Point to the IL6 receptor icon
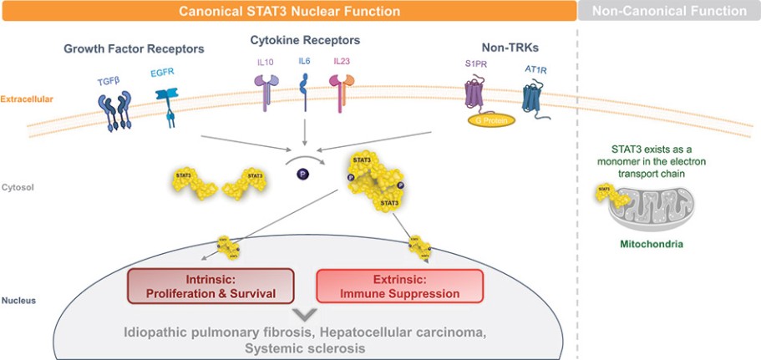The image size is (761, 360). coord(303,89)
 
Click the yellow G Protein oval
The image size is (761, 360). coord(490,119)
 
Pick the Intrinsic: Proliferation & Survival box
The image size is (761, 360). coord(211,286)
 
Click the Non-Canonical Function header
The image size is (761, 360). coord(669,11)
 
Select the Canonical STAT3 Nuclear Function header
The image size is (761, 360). coord(287,11)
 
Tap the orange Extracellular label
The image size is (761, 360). coord(27,99)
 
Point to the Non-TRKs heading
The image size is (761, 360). coord(506,48)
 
